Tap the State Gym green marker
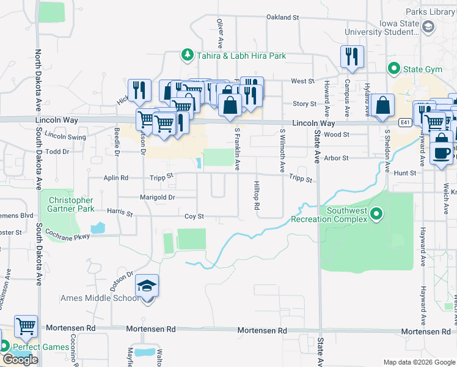click(394, 69)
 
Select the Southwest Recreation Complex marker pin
click(377, 213)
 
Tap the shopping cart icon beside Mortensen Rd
click(26, 327)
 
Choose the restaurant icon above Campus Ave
click(352, 57)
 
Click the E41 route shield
click(404, 123)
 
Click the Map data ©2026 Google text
click(419, 361)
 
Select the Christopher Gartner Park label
click(71, 204)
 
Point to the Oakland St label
click(282, 18)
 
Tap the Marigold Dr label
click(158, 198)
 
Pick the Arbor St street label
click(336, 158)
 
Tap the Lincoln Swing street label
click(65, 136)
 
